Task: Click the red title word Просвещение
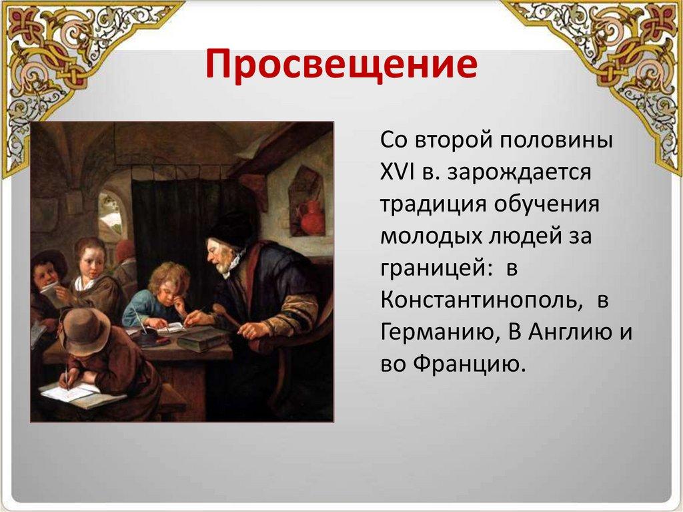pos(341,65)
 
